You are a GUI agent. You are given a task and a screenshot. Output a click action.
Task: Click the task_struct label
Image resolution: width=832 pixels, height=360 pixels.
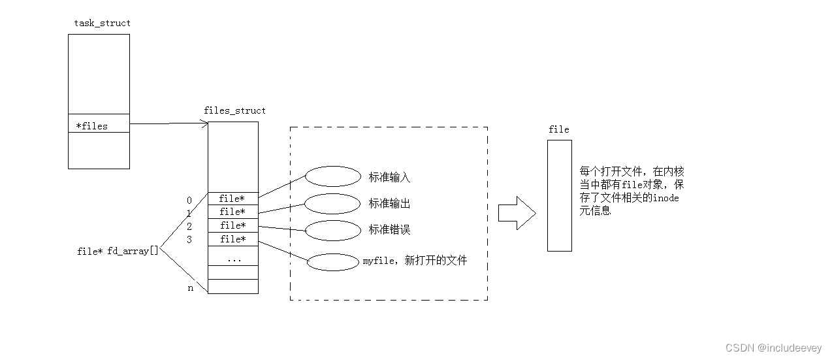pyautogui.click(x=102, y=23)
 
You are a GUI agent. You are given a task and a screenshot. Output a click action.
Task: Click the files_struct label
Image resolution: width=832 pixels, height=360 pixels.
pyautogui.click(x=234, y=110)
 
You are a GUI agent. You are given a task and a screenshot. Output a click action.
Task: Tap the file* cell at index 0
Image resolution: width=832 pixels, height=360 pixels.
pyautogui.click(x=232, y=199)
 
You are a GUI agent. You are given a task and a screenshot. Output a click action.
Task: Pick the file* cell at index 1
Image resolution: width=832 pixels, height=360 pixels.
pyautogui.click(x=232, y=212)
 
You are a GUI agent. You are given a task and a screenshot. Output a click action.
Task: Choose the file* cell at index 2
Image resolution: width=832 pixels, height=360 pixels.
pyautogui.click(x=232, y=225)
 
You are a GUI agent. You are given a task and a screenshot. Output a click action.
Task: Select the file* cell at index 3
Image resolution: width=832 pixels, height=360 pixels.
pyautogui.click(x=232, y=239)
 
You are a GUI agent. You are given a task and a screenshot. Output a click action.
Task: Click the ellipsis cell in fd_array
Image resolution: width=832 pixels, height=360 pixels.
pyautogui.click(x=233, y=258)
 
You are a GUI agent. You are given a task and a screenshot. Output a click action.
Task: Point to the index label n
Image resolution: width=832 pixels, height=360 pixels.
pyautogui.click(x=191, y=287)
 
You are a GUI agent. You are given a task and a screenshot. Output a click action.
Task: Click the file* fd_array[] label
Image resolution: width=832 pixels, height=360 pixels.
pyautogui.click(x=118, y=251)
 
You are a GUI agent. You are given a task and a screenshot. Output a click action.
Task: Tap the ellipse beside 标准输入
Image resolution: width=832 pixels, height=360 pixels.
pyautogui.click(x=332, y=176)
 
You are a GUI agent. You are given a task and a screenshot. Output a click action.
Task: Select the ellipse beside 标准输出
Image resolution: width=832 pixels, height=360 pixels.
pyautogui.click(x=332, y=203)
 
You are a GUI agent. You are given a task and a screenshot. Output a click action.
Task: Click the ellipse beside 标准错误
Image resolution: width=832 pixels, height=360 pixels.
pyautogui.click(x=332, y=230)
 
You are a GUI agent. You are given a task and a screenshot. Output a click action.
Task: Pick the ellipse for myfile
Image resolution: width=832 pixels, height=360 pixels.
pyautogui.click(x=332, y=261)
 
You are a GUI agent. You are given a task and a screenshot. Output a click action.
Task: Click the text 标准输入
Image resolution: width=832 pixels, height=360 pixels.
pyautogui.click(x=389, y=177)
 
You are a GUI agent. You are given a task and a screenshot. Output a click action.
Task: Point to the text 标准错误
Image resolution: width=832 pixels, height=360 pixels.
pyautogui.click(x=389, y=230)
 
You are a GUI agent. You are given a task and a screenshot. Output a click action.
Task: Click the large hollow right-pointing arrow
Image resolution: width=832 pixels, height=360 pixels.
pyautogui.click(x=517, y=213)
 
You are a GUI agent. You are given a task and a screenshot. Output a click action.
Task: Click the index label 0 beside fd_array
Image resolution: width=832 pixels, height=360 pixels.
pyautogui.click(x=189, y=200)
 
